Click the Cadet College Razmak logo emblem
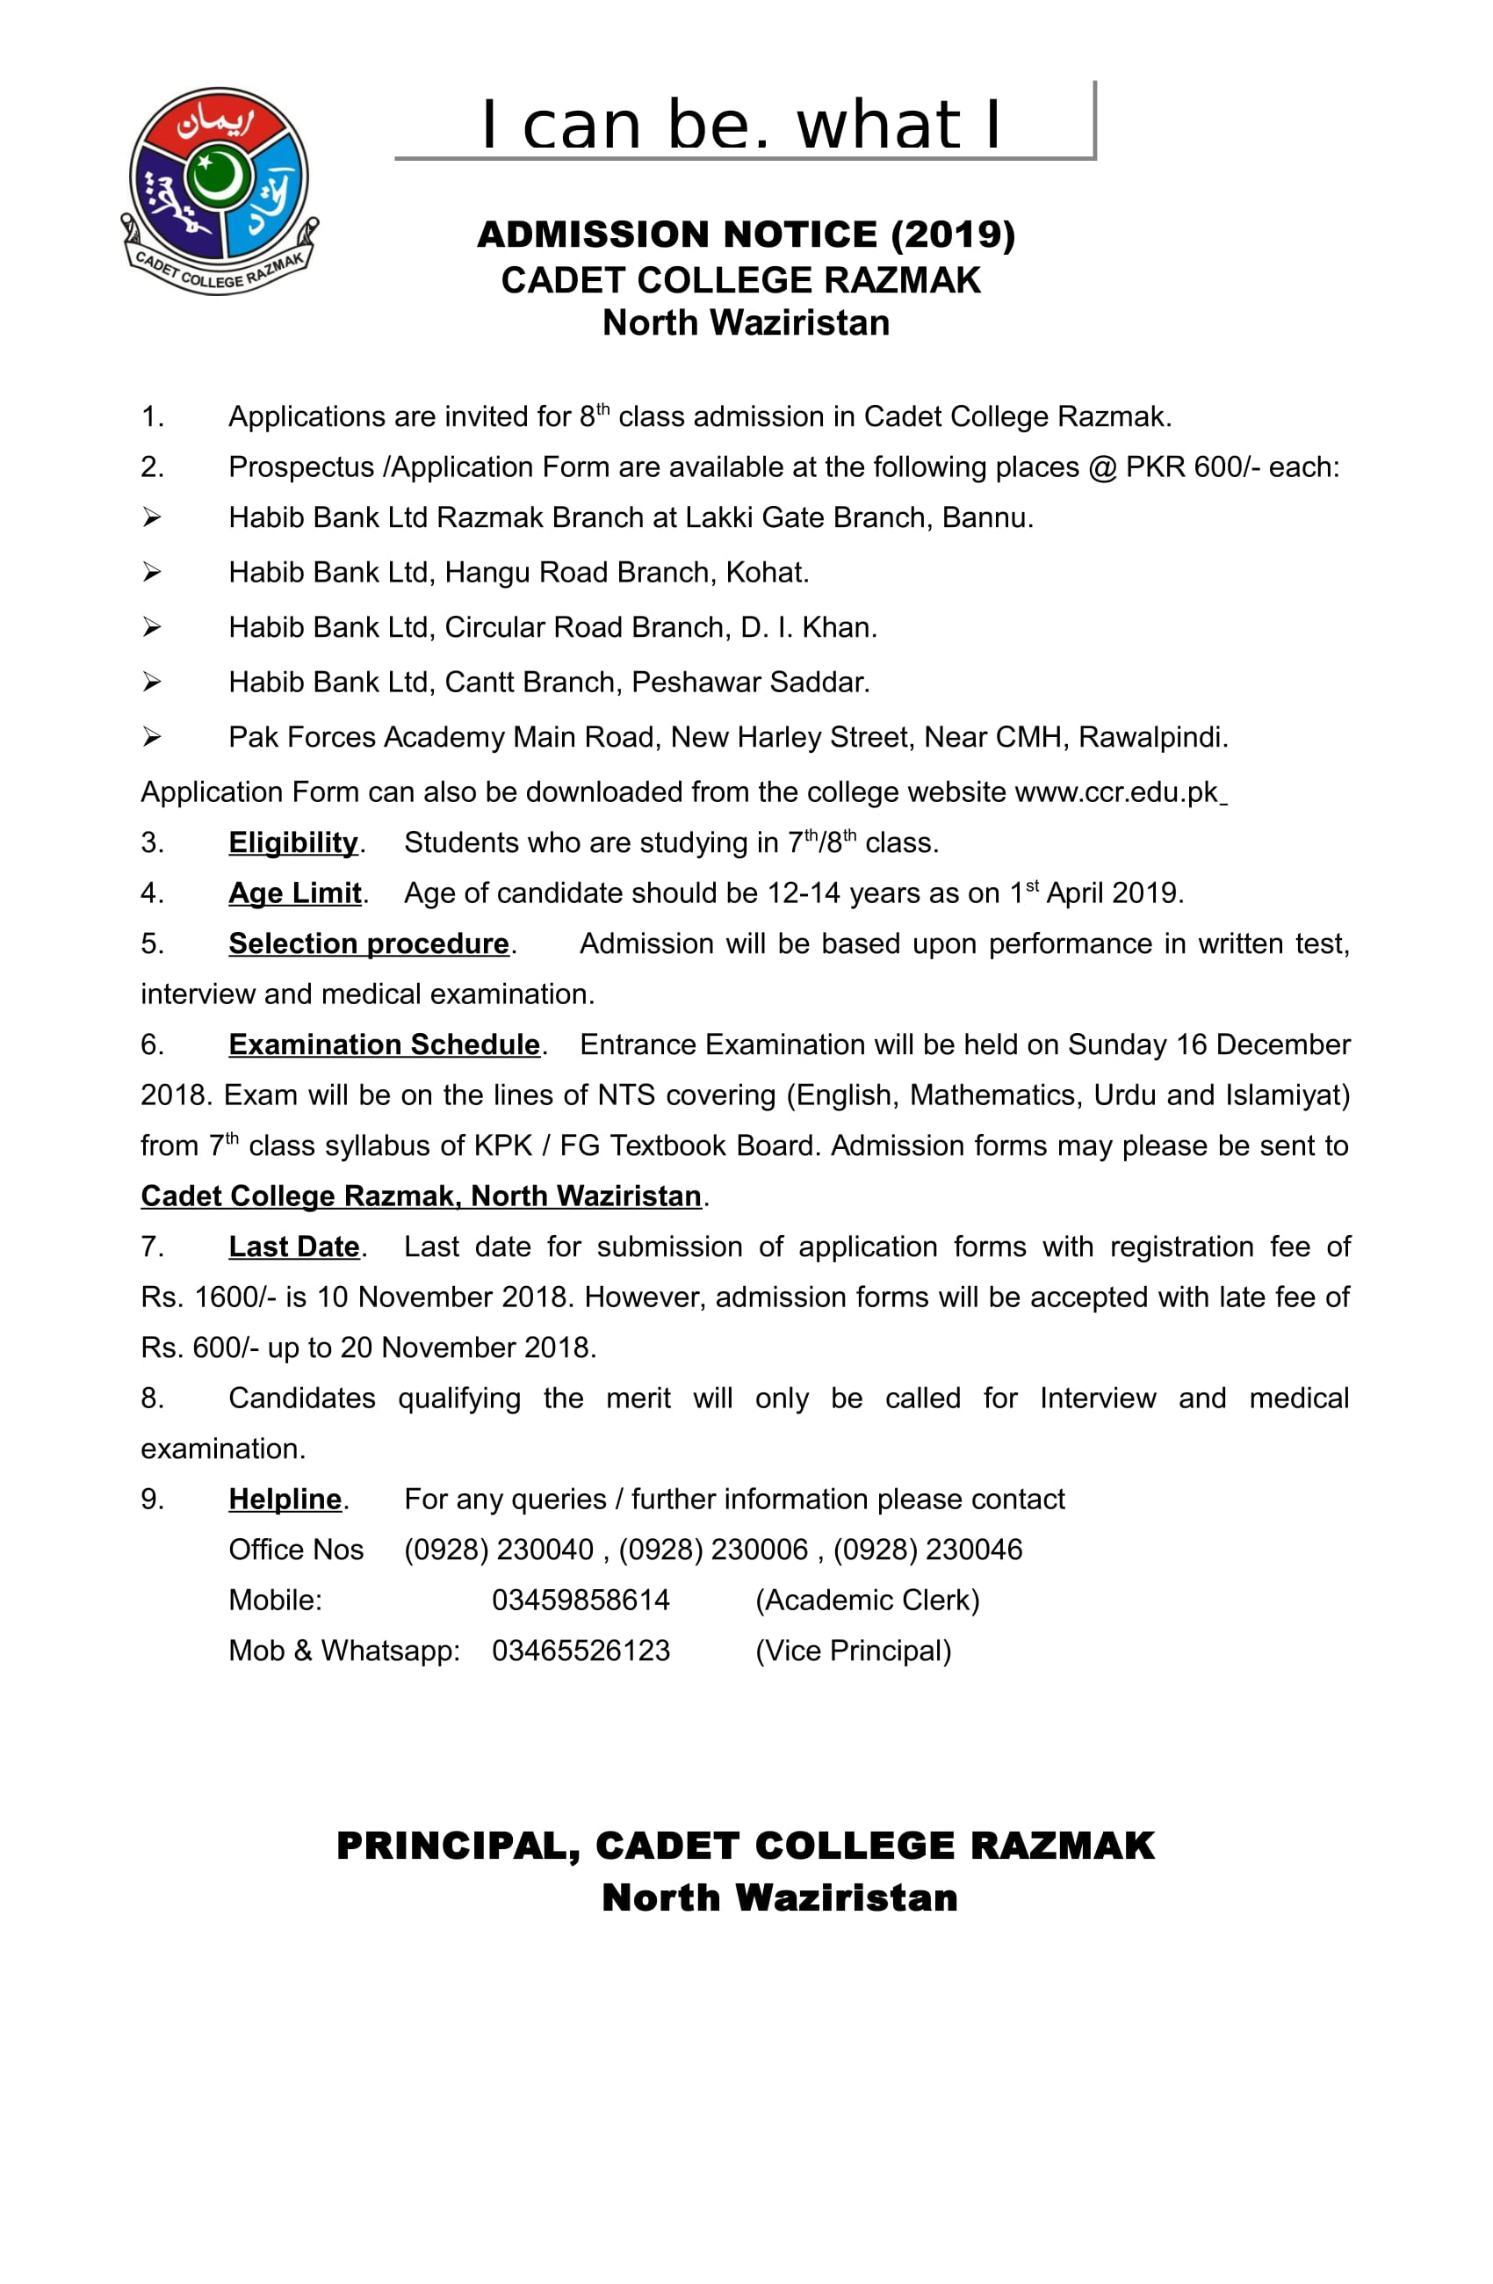click(219, 190)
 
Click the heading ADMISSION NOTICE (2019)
click(746, 235)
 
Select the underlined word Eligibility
click(292, 842)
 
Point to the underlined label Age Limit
click(294, 893)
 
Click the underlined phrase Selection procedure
click(369, 944)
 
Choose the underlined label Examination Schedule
click(384, 1045)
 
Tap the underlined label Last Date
click(293, 1247)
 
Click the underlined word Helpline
click(285, 1499)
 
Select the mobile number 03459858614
click(581, 1600)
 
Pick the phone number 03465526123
click(581, 1651)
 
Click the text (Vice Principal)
click(853, 1651)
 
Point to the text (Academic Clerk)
click(868, 1600)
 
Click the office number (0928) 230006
click(713, 1550)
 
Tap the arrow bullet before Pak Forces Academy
click(152, 737)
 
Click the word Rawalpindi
click(1151, 737)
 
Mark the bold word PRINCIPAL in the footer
click(457, 1847)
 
